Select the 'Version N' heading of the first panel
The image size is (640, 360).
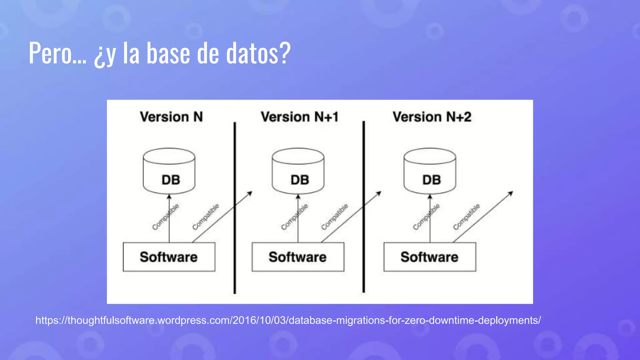pyautogui.click(x=171, y=117)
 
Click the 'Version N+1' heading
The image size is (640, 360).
pyautogui.click(x=300, y=117)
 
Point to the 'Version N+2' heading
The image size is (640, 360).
pyautogui.click(x=432, y=117)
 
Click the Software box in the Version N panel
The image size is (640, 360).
pyautogui.click(x=169, y=257)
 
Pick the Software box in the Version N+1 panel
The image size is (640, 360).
pyautogui.click(x=298, y=257)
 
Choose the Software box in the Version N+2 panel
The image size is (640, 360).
pyautogui.click(x=430, y=257)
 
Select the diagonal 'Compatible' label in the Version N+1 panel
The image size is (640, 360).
pyautogui.click(x=334, y=217)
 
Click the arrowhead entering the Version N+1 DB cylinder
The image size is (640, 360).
pyautogui.click(x=298, y=197)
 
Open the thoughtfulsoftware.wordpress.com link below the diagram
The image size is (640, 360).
pyautogui.click(x=288, y=320)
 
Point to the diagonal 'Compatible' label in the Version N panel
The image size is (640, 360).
pyautogui.click(x=206, y=217)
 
